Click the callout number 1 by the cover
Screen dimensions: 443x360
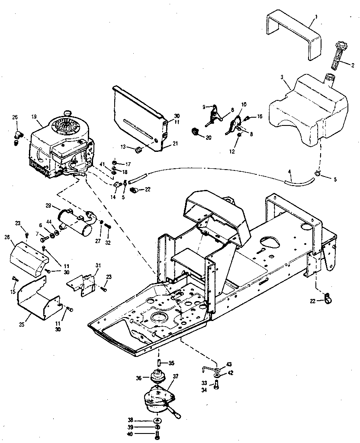(x=316, y=16)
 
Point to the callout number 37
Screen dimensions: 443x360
(x=176, y=376)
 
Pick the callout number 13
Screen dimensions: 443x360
(x=122, y=148)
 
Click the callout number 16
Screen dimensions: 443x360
(x=260, y=116)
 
